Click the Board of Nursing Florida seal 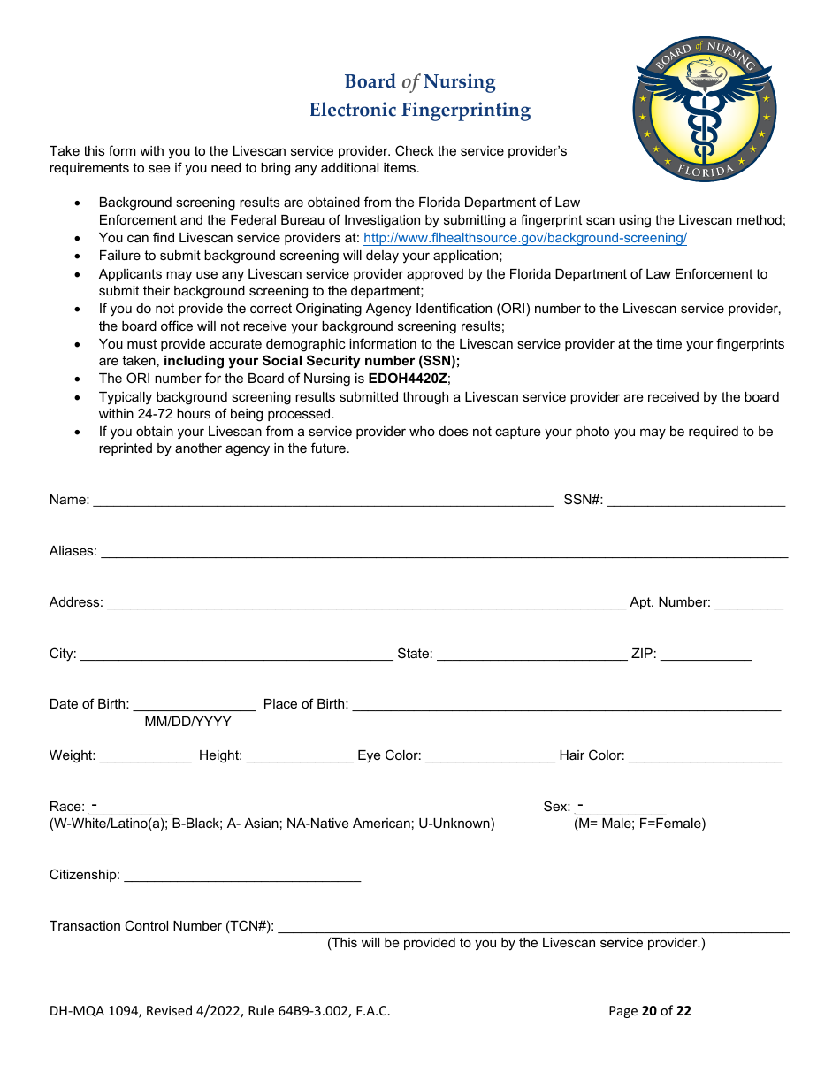pos(704,110)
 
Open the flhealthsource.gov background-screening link pos(525,238)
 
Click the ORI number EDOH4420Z pos(409,379)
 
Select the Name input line pos(323,499)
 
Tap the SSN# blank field pos(696,499)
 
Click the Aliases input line pos(444,550)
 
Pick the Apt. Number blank pos(748,601)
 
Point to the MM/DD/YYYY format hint pos(187,722)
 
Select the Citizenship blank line pos(242,874)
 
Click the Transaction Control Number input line pos(533,925)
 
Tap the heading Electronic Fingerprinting pos(420,111)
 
